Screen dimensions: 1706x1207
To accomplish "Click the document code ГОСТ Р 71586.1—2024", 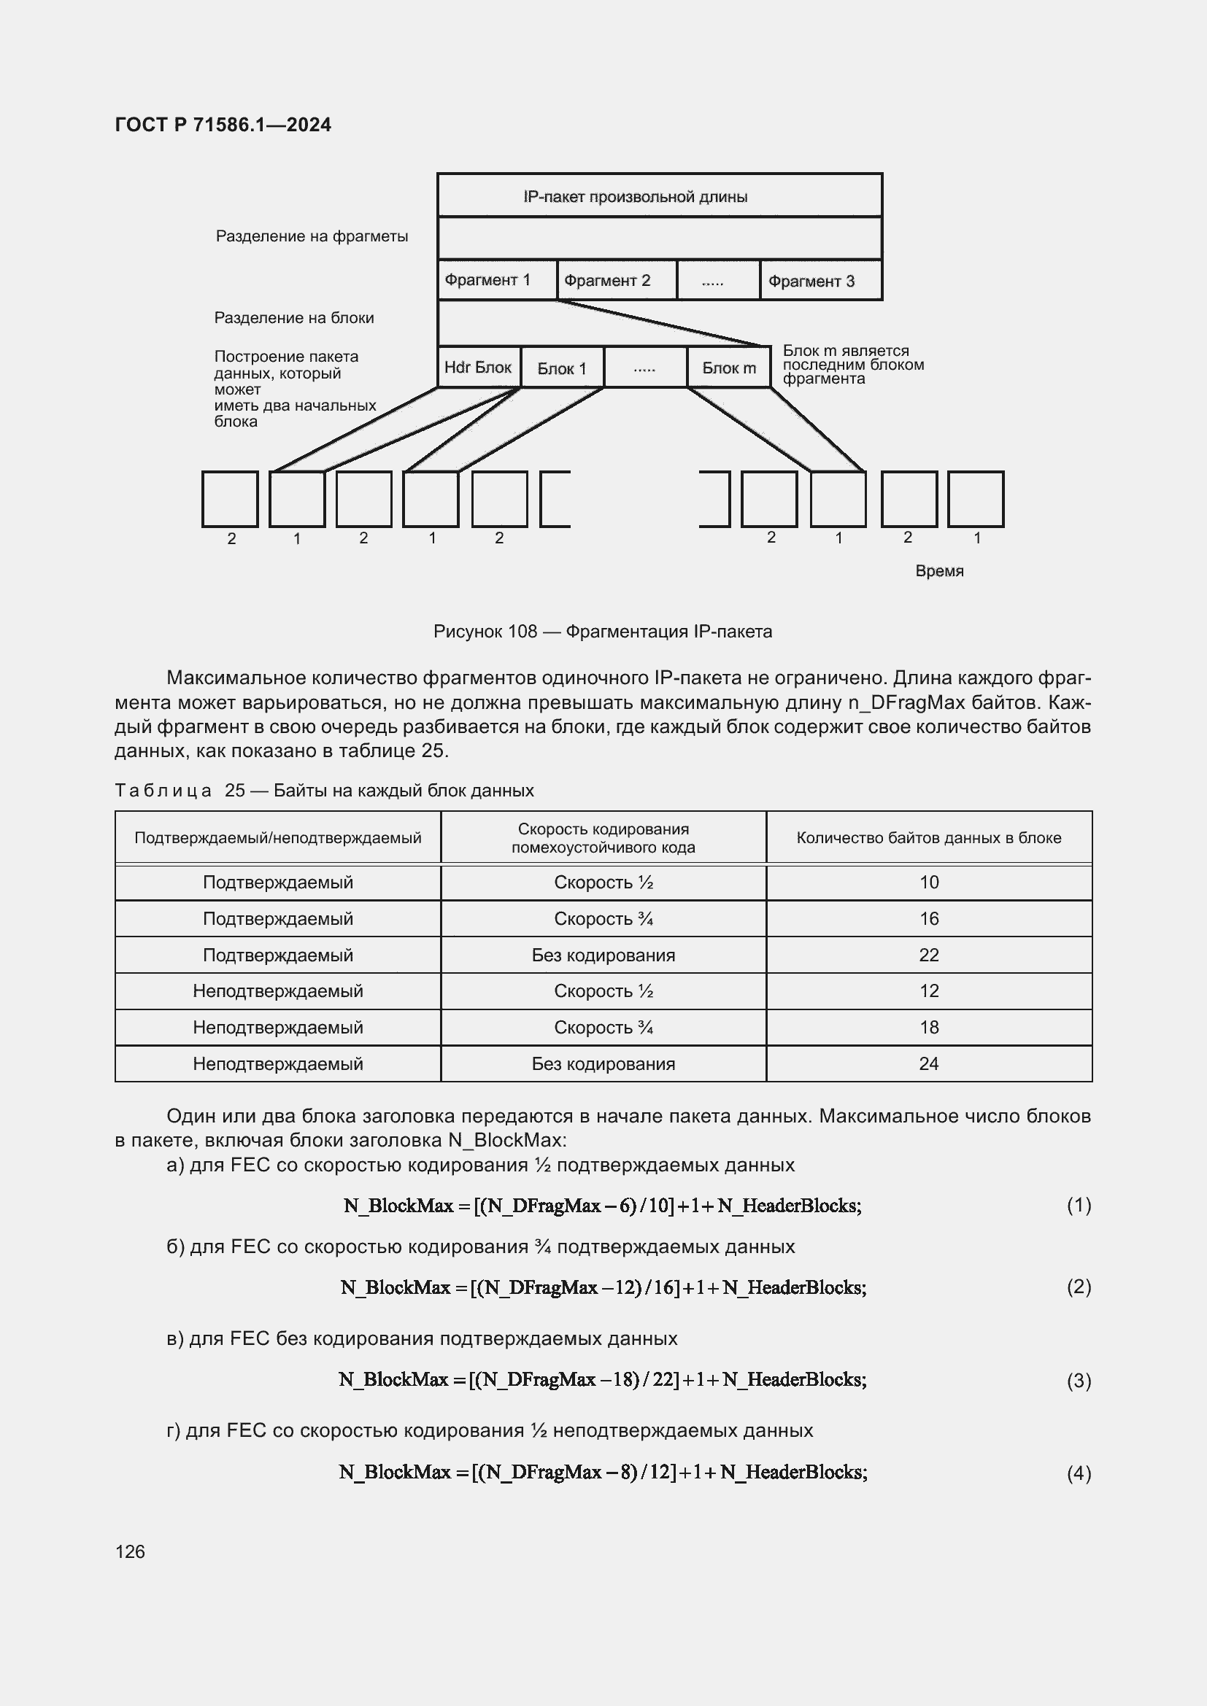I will (223, 125).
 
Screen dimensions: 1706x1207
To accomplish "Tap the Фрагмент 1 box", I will (496, 280).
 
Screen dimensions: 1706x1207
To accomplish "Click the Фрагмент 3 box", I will (820, 281).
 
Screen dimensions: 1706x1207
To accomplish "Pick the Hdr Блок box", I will (478, 367).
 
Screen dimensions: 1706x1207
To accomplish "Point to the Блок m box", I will (728, 368).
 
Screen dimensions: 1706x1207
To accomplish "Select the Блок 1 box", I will (562, 368).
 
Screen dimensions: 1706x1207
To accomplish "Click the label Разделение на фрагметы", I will (312, 236).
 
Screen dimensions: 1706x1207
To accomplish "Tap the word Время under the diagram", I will (938, 570).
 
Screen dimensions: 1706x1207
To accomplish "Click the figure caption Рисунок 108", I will (602, 632).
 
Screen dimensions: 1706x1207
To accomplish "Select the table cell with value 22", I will (928, 955).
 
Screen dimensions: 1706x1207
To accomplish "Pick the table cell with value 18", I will (928, 1027).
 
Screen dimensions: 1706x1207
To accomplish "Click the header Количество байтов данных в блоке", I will (928, 838).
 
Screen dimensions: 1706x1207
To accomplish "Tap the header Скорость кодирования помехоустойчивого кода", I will (603, 838).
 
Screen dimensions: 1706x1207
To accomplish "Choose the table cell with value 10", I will (928, 882).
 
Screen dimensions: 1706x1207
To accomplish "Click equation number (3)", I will (1079, 1381).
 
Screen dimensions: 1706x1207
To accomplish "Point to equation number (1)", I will (1079, 1204).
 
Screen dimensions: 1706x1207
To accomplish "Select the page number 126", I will (130, 1551).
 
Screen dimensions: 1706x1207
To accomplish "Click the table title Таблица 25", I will (324, 790).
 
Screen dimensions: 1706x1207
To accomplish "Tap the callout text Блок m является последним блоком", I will (852, 364).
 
